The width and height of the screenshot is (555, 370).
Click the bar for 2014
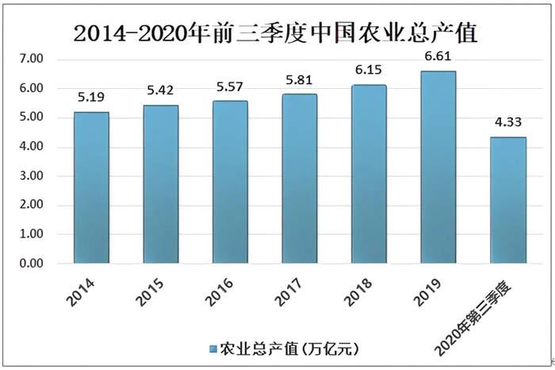click(91, 187)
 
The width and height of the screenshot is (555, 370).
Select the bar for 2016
click(230, 182)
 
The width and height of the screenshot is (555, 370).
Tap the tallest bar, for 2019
click(438, 167)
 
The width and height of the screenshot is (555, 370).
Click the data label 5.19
click(91, 100)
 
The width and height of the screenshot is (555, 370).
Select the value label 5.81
click(299, 82)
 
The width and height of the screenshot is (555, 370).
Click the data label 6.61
click(438, 58)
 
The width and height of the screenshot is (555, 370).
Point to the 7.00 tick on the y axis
click(31, 60)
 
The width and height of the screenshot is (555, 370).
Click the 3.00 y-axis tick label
click(31, 176)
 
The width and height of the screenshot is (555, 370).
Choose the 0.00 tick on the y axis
click(31, 264)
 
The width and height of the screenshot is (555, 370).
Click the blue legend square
click(212, 349)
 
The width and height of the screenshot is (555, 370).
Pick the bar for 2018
click(369, 174)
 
